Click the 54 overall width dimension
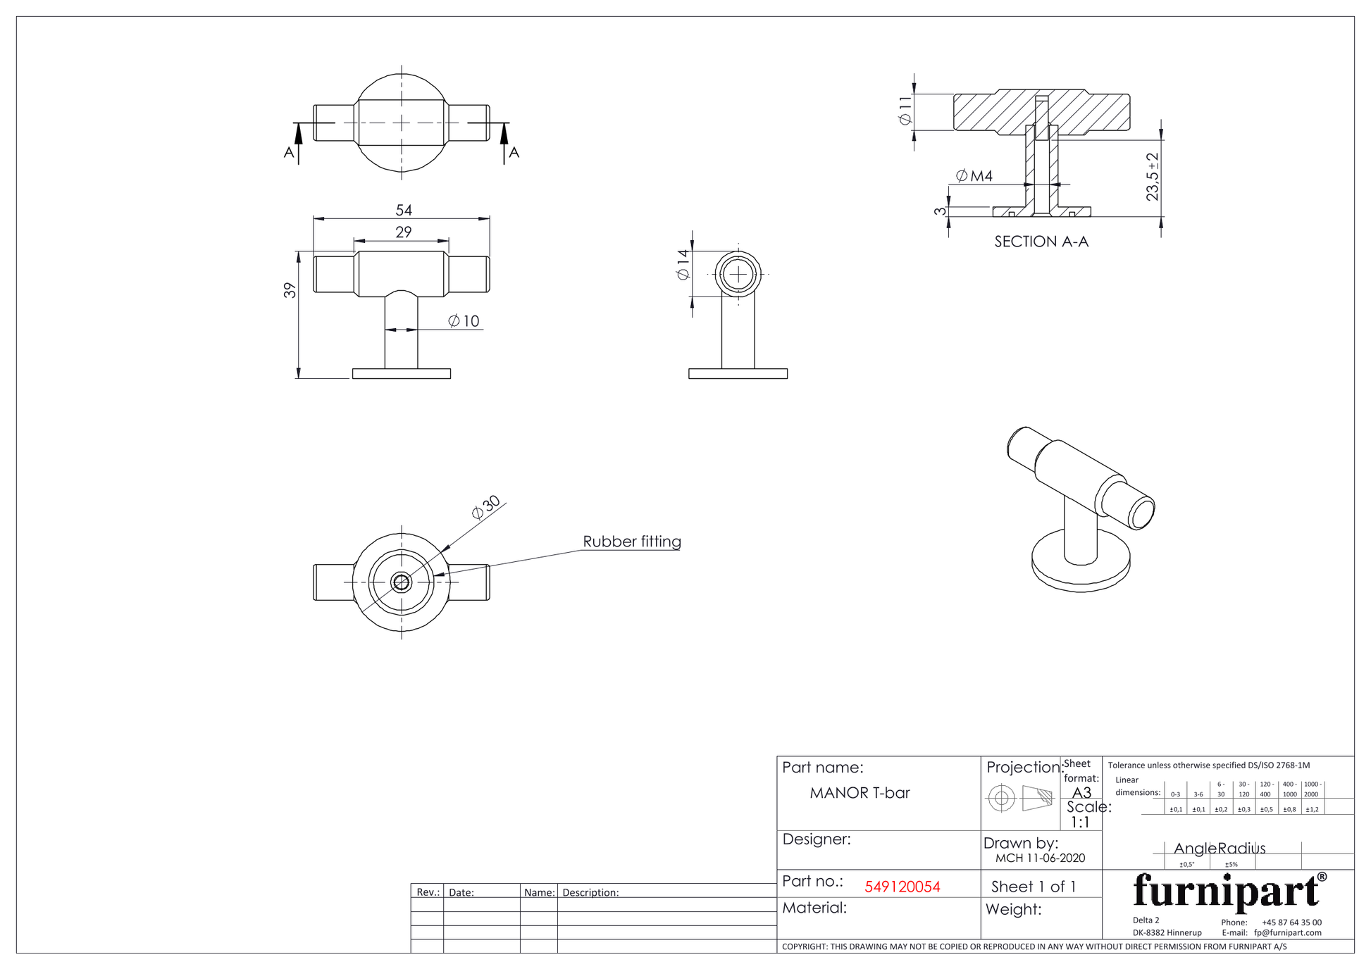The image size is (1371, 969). coord(404,210)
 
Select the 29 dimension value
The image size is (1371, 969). coord(404,232)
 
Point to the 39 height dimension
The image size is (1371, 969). coord(290,290)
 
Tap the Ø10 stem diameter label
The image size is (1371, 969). coord(464,321)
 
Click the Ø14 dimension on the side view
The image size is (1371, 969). coord(683,265)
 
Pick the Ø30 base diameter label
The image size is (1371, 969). coord(486,507)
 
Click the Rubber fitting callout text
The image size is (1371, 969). coord(632,542)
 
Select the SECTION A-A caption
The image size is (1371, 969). coord(1041,242)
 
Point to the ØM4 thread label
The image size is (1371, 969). coord(974,176)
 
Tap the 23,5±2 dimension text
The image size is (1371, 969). coord(1153,177)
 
